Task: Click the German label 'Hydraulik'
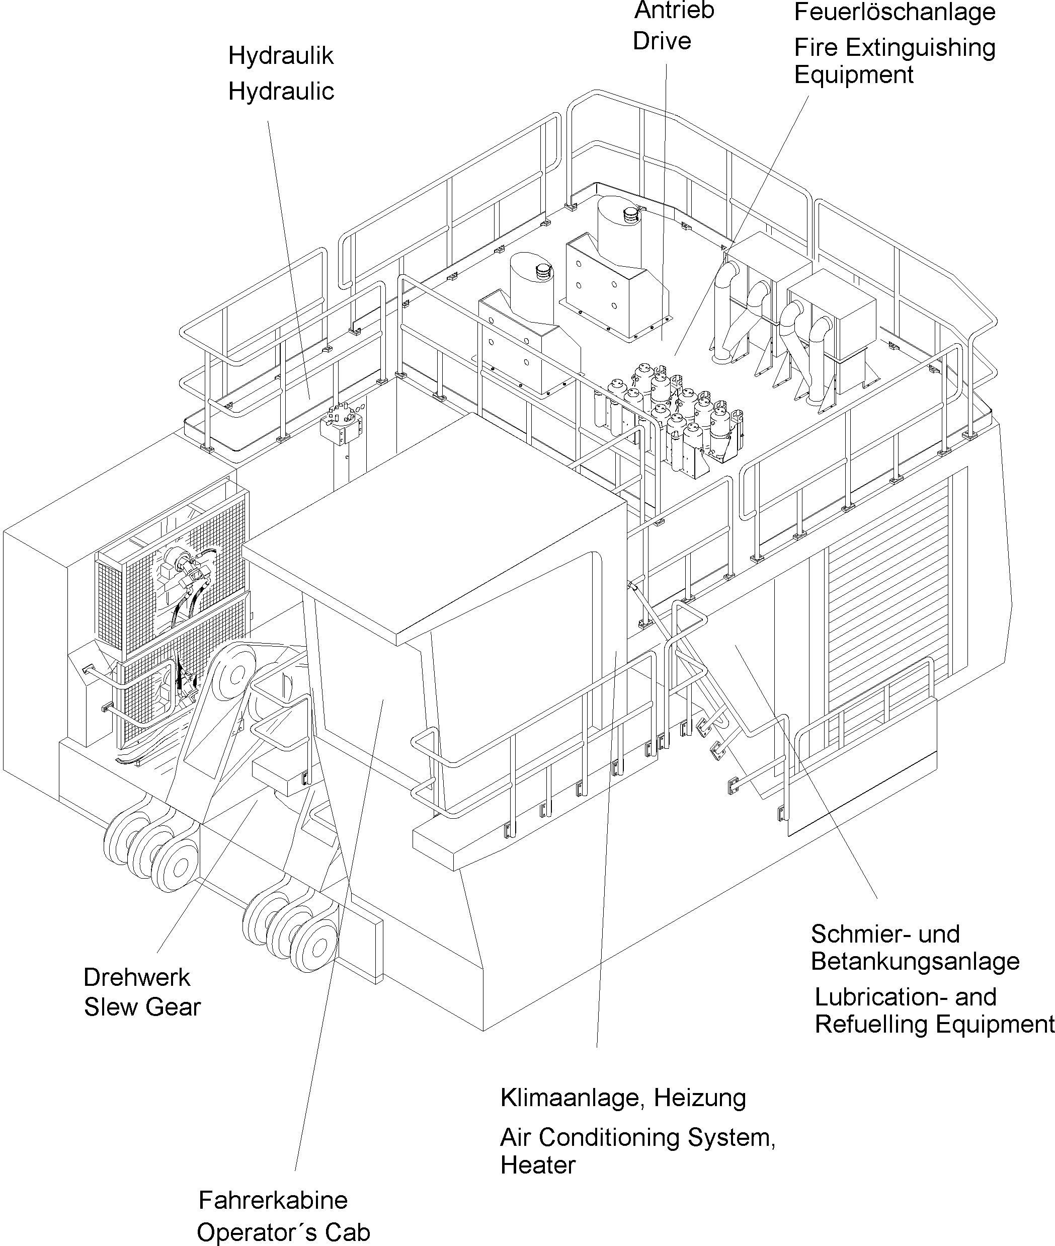tap(281, 56)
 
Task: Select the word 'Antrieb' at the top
tap(674, 11)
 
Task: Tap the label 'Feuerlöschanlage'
tap(894, 12)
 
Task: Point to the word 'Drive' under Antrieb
tap(662, 41)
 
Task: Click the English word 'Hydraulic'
tap(281, 92)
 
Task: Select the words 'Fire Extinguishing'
tap(894, 48)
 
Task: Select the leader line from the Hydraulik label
tap(288, 257)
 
